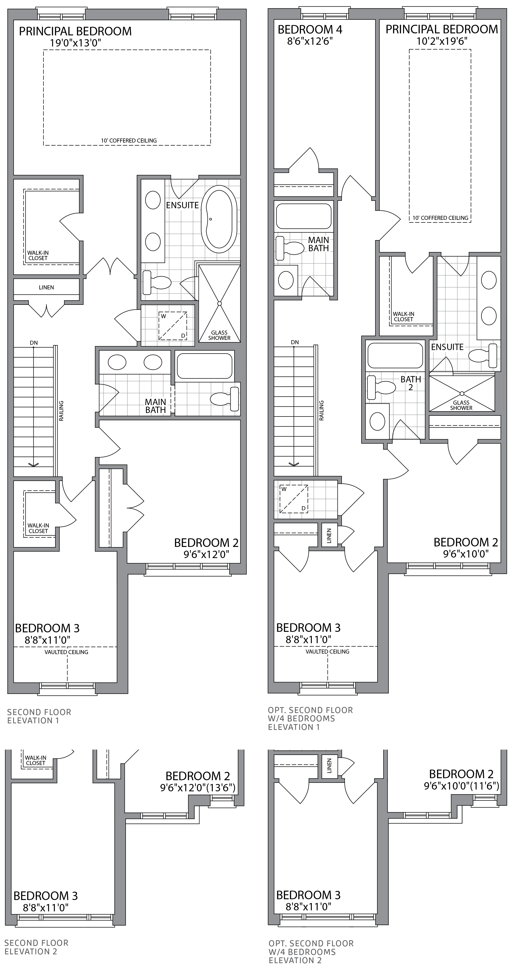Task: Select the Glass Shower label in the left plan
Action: (x=219, y=335)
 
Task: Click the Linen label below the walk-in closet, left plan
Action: (x=46, y=287)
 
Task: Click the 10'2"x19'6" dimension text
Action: (x=442, y=41)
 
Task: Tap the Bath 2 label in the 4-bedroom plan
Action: (x=411, y=383)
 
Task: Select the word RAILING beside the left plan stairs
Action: (x=61, y=410)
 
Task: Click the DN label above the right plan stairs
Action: (x=295, y=342)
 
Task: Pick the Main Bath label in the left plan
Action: (x=155, y=406)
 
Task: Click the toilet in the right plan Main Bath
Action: (x=290, y=248)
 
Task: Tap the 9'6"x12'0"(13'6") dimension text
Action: (x=198, y=788)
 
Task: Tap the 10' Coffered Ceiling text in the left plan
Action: (x=129, y=141)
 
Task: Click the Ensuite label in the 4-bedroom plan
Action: (x=447, y=347)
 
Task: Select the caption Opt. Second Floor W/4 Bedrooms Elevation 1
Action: (x=310, y=719)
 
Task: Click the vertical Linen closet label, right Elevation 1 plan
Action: (x=329, y=535)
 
